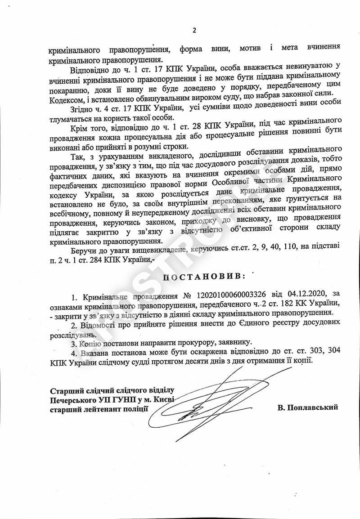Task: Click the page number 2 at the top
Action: tap(194, 31)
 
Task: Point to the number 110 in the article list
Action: tap(288, 249)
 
